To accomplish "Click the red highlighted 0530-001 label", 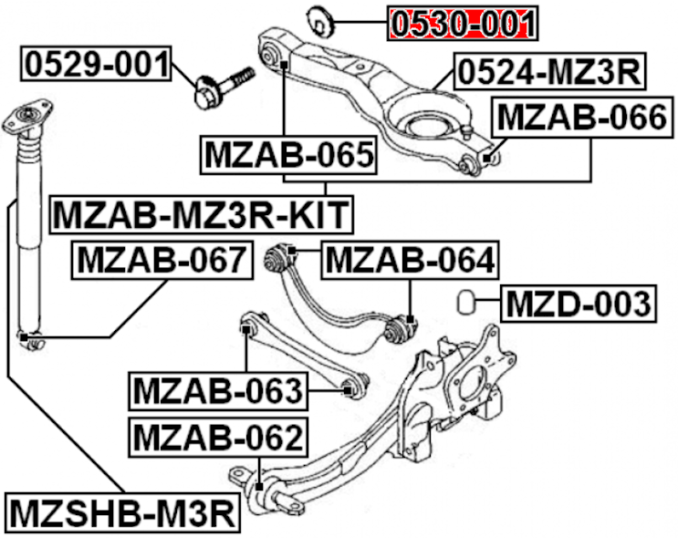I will (462, 22).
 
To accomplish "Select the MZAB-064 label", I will (411, 260).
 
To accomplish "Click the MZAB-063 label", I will (217, 391).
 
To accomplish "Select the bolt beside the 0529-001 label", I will (224, 84).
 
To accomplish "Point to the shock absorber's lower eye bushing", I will (30, 342).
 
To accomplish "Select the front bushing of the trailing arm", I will (245, 479).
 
